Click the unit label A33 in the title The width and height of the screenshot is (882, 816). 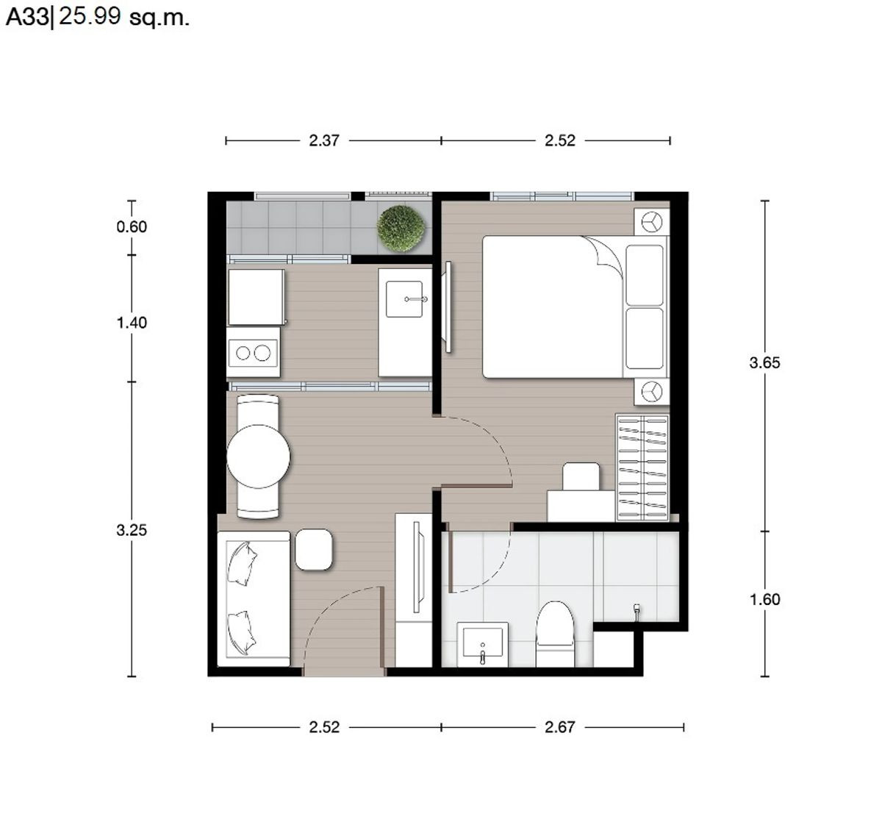coord(27,18)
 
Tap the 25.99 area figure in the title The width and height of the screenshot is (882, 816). coord(90,16)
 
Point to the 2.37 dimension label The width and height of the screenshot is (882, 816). coord(324,141)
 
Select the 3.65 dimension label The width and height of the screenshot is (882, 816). coord(764,363)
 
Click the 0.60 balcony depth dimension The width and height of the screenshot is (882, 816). coord(132,227)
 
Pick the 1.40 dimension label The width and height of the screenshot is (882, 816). coord(132,323)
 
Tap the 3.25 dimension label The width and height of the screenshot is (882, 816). coord(132,530)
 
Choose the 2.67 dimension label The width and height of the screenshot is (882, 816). coord(560,727)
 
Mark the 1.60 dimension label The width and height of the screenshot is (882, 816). coord(764,600)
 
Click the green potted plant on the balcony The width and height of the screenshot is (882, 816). coord(401,229)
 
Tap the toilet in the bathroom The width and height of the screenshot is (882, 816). coord(555,634)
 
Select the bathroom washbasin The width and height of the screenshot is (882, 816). coord(483,645)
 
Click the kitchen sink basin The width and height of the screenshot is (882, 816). coord(404,299)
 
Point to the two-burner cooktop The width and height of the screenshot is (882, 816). coord(252,353)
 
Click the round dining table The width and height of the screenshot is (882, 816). coord(258,457)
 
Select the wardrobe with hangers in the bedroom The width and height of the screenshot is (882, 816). coord(642,468)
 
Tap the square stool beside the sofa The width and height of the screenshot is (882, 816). coord(314,549)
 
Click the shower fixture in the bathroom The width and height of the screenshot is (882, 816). coord(637,612)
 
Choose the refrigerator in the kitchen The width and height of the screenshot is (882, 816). coord(257,297)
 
